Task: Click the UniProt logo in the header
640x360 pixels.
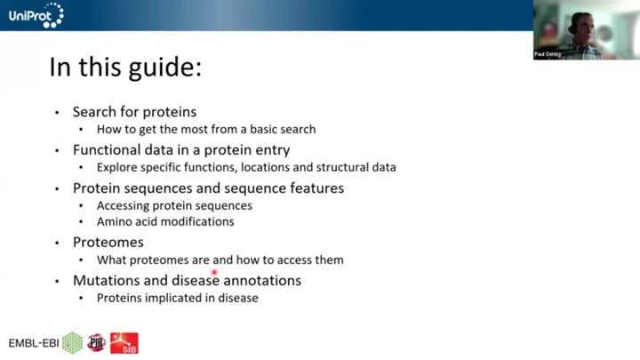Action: click(x=36, y=14)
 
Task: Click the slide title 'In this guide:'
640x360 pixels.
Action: click(x=125, y=68)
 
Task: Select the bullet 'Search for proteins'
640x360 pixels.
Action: click(x=134, y=112)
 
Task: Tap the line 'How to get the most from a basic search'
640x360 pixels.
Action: click(x=205, y=129)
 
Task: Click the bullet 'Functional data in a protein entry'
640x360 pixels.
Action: click(x=181, y=149)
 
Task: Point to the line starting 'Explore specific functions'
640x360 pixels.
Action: click(x=246, y=167)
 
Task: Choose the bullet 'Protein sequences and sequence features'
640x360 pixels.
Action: click(x=208, y=188)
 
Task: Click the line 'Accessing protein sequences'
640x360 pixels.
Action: click(x=174, y=205)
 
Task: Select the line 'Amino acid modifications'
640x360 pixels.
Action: click(x=165, y=221)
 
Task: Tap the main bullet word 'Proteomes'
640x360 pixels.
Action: click(x=108, y=242)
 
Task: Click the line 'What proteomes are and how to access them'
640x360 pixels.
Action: click(x=220, y=260)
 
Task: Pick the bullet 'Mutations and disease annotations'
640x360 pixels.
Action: click(x=187, y=280)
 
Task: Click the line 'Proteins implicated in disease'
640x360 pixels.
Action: click(x=177, y=298)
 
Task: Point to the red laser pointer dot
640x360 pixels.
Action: click(x=214, y=272)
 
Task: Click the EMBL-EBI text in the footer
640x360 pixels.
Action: click(x=33, y=343)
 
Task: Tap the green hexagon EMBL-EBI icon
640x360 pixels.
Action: click(x=72, y=342)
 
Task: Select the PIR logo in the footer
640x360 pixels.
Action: click(x=96, y=342)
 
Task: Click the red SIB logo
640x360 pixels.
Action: click(x=124, y=342)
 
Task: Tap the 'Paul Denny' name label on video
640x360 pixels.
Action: click(x=548, y=54)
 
